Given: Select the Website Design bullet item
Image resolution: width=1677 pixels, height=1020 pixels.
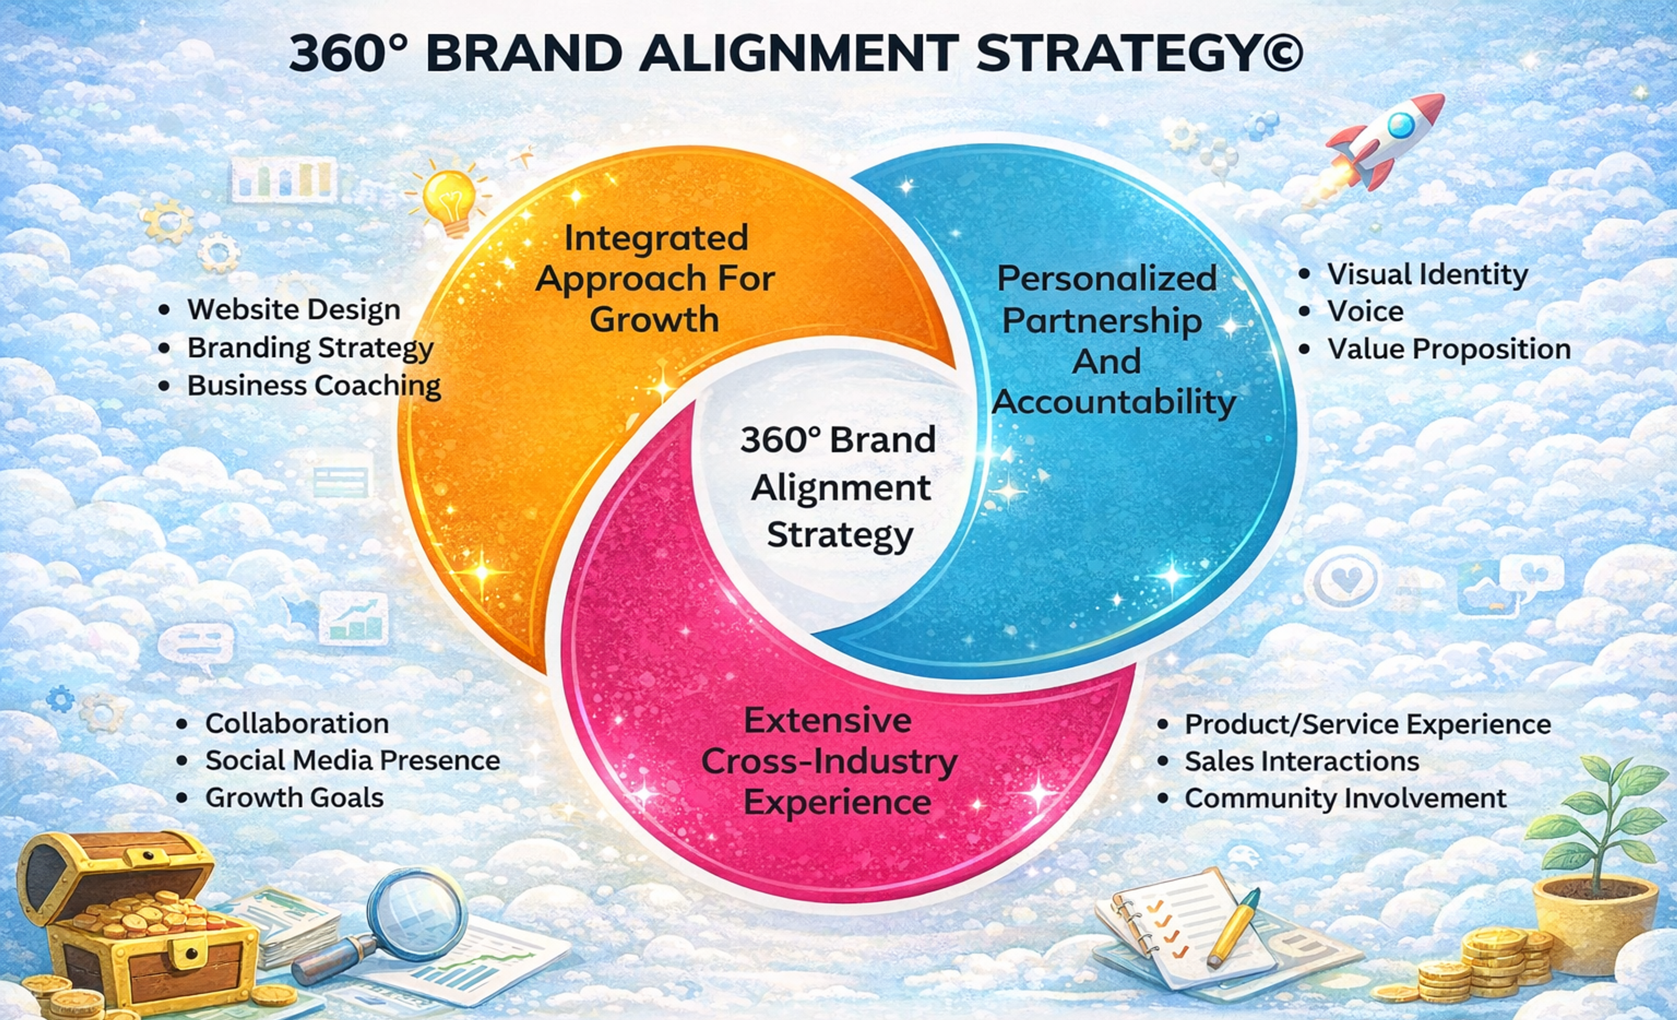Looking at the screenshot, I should pos(293,310).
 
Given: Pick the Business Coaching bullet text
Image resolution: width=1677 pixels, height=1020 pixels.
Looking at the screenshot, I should pos(314,385).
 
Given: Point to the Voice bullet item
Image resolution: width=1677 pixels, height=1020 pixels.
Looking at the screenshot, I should pos(1365,311).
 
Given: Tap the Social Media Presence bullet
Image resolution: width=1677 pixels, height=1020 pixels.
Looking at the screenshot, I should pos(352,761).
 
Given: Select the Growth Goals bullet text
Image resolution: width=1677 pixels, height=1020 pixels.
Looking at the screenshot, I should pos(294,797).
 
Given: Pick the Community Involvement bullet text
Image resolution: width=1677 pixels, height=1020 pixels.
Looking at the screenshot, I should pos(1345,798).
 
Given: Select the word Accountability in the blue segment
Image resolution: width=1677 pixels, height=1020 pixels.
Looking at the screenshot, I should pos(1114,402).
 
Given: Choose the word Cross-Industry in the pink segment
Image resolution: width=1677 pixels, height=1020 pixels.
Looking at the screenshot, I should pos(829,761).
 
